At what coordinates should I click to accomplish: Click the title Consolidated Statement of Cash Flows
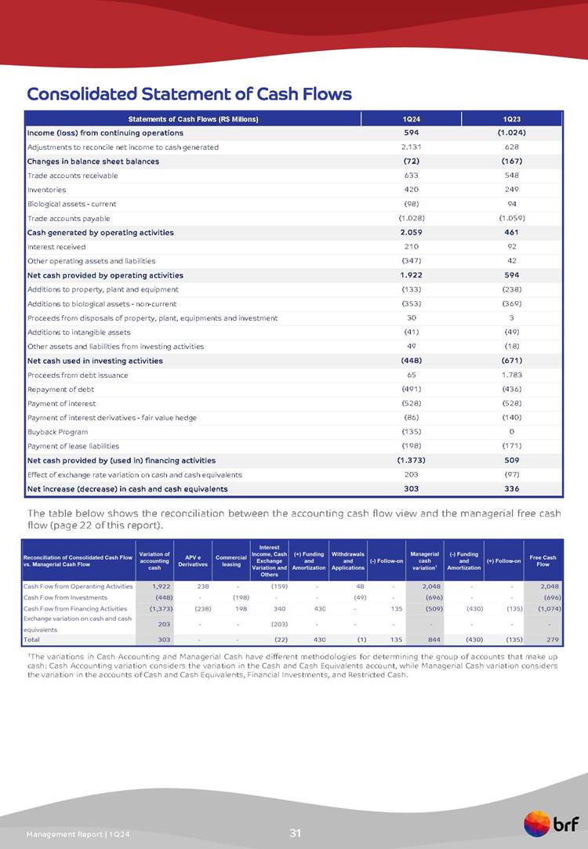(189, 94)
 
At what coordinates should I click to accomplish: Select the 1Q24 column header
(412, 119)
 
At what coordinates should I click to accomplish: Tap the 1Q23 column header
(514, 119)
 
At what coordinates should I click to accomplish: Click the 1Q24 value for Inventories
(412, 190)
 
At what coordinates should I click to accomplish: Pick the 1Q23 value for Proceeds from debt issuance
(514, 375)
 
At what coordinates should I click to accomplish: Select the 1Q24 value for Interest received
(412, 247)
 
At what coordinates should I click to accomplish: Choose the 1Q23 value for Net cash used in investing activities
(514, 361)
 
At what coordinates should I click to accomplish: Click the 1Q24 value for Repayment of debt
(412, 389)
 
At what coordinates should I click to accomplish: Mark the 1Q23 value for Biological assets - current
(514, 204)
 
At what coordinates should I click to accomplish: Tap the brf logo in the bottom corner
(553, 824)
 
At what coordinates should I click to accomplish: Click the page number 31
(295, 833)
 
